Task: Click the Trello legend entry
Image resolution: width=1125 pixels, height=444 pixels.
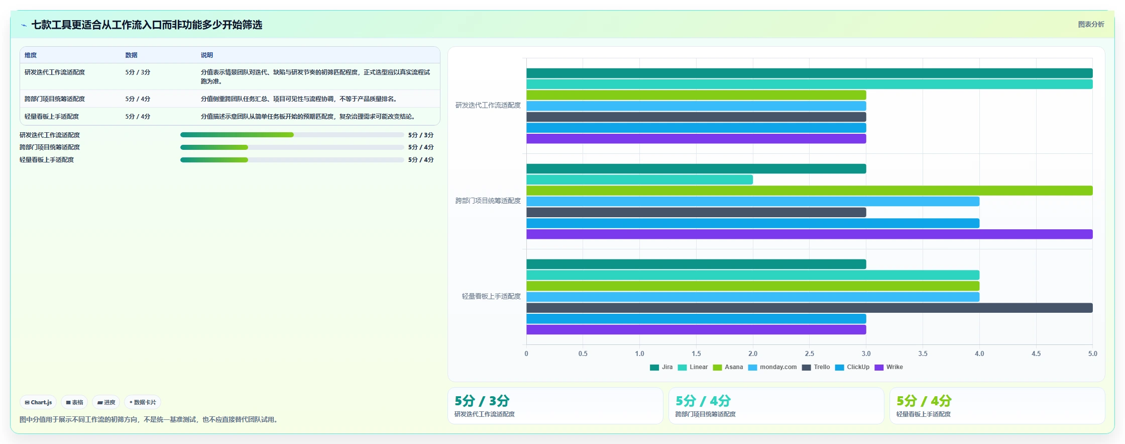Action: click(816, 367)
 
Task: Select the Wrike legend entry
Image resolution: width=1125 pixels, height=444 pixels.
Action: click(888, 367)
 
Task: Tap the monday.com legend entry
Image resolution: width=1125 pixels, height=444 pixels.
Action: click(772, 367)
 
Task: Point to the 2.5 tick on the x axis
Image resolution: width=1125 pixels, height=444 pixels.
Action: click(810, 353)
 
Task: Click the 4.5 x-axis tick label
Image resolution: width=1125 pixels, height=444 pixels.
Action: click(1036, 353)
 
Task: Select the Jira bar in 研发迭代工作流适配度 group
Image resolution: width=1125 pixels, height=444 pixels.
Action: click(810, 73)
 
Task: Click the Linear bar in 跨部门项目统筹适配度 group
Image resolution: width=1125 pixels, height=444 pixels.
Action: click(639, 180)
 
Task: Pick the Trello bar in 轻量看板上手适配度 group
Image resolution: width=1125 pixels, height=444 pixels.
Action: click(810, 308)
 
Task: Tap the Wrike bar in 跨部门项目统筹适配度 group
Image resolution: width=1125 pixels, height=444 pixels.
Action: click(810, 234)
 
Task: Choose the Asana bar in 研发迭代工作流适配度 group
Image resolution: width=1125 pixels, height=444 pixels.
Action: click(696, 95)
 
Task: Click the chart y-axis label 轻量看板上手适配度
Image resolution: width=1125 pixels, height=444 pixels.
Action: click(491, 296)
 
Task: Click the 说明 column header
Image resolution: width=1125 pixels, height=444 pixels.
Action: click(207, 55)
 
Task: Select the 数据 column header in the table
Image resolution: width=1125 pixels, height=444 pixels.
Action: click(132, 55)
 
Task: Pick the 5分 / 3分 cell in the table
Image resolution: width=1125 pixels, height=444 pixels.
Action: click(138, 72)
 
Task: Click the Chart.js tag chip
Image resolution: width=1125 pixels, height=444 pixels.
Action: click(38, 402)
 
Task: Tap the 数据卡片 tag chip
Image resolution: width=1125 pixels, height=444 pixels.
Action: click(143, 402)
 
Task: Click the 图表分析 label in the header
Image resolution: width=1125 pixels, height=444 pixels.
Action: click(1091, 24)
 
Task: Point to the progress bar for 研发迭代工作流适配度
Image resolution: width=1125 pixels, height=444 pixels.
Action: click(292, 135)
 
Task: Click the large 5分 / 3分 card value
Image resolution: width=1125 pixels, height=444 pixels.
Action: click(482, 401)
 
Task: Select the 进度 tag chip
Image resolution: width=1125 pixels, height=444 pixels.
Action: click(106, 402)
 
